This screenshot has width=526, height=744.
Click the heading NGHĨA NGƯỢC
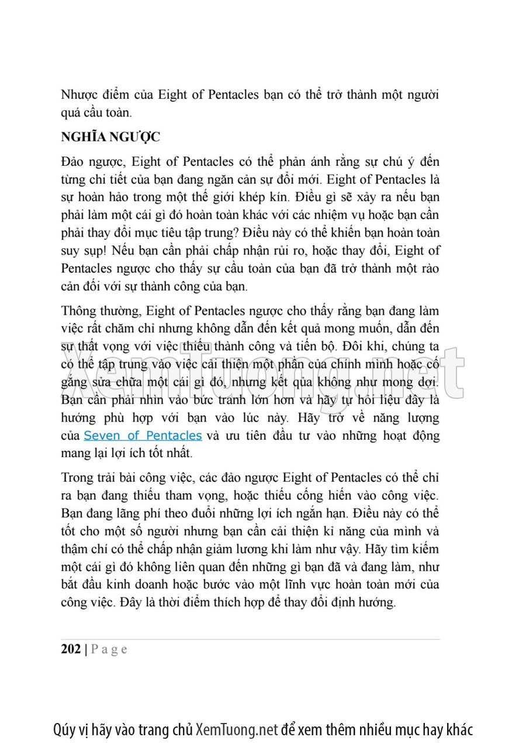pyautogui.click(x=110, y=137)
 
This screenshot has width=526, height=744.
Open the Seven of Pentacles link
pyautogui.click(x=143, y=436)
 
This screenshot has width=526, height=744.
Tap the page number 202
pyautogui.click(x=71, y=649)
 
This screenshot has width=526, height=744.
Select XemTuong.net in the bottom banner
pyautogui.click(x=237, y=729)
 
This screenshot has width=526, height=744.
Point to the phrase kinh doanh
pyautogui.click(x=146, y=584)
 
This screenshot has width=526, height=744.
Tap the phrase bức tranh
pyautogui.click(x=223, y=401)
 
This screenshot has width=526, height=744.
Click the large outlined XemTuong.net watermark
pyautogui.click(x=262, y=368)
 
